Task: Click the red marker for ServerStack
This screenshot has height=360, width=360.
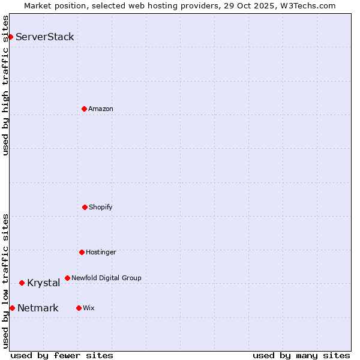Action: pos(10,37)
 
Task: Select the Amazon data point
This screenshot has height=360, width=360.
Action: pos(84,109)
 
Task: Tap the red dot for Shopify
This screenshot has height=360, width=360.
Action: pos(85,207)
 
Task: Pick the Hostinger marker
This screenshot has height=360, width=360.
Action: pos(82,252)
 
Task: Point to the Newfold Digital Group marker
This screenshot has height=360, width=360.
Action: pos(67,278)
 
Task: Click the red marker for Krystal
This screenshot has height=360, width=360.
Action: pos(22,283)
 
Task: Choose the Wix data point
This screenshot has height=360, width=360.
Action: pos(79,308)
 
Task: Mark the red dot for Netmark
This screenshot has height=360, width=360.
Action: pos(12,308)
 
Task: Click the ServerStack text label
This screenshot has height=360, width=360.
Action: pos(45,37)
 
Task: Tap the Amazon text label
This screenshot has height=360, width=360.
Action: pos(101,109)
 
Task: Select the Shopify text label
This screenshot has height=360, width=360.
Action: pos(101,207)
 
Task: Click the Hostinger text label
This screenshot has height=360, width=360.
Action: pos(101,252)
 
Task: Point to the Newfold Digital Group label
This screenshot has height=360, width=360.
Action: pos(106,278)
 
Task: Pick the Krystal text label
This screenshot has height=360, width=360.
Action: pos(43,283)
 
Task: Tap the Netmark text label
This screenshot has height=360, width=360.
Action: pos(38,308)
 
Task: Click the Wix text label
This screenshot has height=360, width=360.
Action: pos(89,308)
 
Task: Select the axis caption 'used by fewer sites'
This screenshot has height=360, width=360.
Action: pos(62,355)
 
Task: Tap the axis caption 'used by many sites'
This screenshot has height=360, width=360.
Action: pos(301,355)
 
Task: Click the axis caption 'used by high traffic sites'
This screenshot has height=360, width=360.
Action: pos(5,85)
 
